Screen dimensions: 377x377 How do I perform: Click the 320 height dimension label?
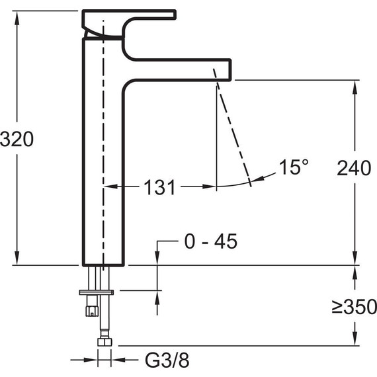17,139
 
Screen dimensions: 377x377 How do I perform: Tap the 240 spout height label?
354,168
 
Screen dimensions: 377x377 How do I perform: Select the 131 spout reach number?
159,187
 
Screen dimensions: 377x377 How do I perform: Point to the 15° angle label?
294,167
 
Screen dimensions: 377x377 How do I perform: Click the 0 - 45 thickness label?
211,241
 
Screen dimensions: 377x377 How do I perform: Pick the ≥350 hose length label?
354,306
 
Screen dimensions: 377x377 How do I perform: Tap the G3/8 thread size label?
167,360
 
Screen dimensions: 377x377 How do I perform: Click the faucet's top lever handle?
129,24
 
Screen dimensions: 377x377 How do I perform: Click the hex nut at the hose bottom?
105,342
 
